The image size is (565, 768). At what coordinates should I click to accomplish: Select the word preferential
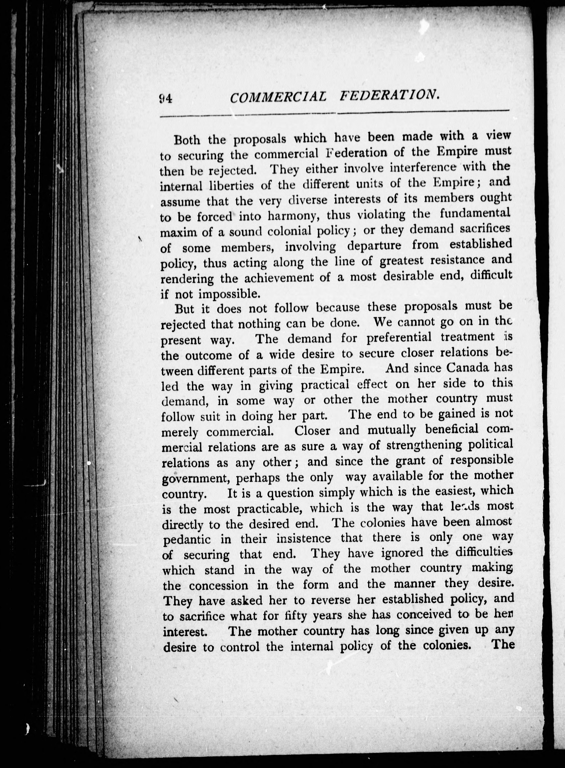tap(399, 338)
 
